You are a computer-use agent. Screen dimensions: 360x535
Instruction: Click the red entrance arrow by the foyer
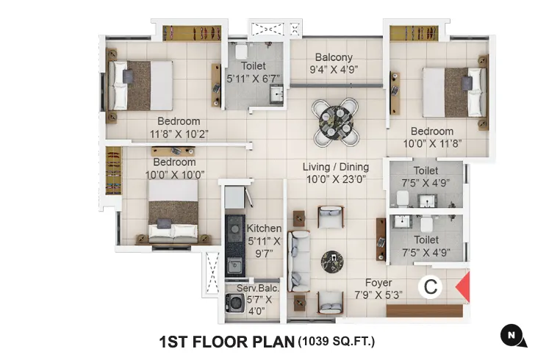point(464,287)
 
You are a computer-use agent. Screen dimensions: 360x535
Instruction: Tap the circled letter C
point(430,287)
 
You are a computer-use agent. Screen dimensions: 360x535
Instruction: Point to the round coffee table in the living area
point(332,259)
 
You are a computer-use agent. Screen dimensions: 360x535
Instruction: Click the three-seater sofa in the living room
point(299,260)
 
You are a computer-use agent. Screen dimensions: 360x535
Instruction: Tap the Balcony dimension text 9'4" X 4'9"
point(334,71)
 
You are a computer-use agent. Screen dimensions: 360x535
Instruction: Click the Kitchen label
point(264,228)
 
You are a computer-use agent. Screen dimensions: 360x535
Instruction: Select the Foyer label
point(378,283)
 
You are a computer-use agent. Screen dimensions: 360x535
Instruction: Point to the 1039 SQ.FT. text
point(336,341)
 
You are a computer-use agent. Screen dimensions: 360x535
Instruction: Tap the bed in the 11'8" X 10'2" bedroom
point(142,86)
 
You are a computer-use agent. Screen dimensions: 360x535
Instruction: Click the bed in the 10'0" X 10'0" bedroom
point(173,212)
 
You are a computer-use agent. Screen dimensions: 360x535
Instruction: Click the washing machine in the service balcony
point(235,303)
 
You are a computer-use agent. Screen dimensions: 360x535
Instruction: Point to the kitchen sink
point(234,265)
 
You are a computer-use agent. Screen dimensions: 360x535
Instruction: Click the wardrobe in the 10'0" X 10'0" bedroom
point(113,170)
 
